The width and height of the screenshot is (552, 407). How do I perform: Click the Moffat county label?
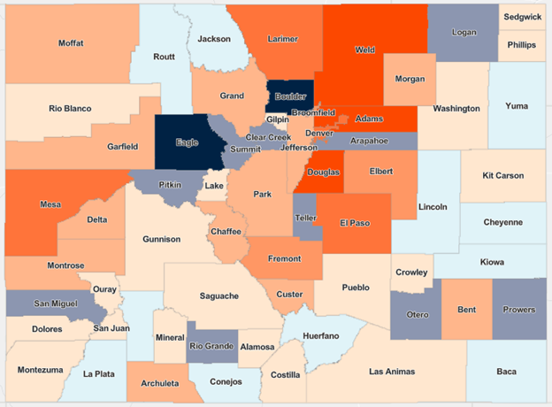pyautogui.click(x=71, y=42)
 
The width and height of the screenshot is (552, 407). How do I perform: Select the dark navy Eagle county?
pyautogui.click(x=188, y=141)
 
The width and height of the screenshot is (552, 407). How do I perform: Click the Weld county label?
pyautogui.click(x=365, y=50)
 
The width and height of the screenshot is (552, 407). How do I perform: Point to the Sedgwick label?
pyautogui.click(x=524, y=16)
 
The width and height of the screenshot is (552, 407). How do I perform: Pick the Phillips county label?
pyautogui.click(x=522, y=44)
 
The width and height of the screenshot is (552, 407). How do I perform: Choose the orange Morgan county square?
pyautogui.click(x=409, y=79)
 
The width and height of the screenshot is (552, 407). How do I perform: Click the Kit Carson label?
pyautogui.click(x=504, y=175)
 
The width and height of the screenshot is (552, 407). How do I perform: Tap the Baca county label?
pyautogui.click(x=506, y=371)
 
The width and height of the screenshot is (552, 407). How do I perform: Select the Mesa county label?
pyautogui.click(x=51, y=204)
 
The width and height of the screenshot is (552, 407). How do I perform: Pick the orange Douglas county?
pyautogui.click(x=324, y=173)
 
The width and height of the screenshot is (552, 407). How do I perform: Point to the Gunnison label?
pyautogui.click(x=161, y=239)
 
